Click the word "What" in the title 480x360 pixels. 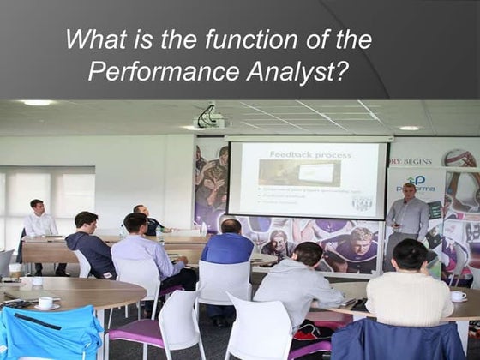(94, 40)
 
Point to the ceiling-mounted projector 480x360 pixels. (210, 117)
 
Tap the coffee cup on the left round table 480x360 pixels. (45, 303)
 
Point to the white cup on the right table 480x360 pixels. (459, 297)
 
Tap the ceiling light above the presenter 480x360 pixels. (409, 127)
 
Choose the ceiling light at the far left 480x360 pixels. (36, 103)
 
